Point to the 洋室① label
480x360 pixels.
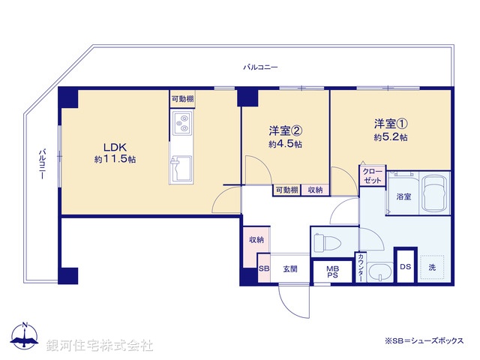coord(391,123)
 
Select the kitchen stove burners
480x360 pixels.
coord(182,124)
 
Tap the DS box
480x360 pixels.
coord(405,266)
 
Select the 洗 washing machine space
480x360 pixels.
coord(433,266)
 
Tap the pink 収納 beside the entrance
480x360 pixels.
coord(256,240)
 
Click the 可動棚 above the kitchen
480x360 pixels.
coord(182,98)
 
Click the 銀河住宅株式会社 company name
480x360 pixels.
coord(100,345)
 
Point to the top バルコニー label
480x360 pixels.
coord(260,67)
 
